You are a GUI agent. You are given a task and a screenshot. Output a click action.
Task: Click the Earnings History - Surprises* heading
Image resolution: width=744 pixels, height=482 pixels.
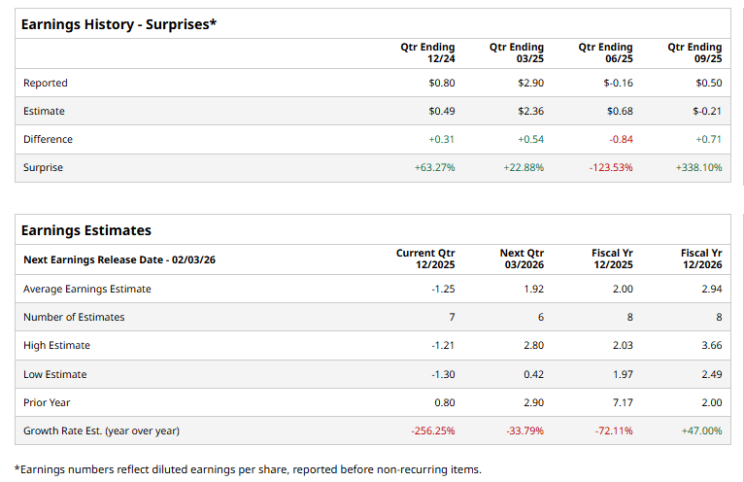118,24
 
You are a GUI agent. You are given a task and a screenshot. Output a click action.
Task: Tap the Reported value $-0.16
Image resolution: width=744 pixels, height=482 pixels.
619,84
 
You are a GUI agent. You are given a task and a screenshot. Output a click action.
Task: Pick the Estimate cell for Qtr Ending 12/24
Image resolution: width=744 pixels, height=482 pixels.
441,112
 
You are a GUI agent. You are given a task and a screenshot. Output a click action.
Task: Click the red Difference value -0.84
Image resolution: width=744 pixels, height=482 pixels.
621,140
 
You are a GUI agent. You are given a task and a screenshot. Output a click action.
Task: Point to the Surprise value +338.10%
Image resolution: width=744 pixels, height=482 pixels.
698,168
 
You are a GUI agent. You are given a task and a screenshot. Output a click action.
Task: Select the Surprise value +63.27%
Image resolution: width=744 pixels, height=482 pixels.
434,168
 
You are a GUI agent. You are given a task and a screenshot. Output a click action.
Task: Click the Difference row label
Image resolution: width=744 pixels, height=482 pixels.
48,140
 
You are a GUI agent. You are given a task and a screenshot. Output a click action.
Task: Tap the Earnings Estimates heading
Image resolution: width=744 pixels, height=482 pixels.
86,230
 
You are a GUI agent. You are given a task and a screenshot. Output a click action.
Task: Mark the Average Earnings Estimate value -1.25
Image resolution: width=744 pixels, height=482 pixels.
443,290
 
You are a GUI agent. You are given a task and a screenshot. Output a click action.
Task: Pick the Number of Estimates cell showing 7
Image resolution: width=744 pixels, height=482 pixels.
451,318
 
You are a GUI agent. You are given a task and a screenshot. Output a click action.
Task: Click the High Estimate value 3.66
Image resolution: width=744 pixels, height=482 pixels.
710,346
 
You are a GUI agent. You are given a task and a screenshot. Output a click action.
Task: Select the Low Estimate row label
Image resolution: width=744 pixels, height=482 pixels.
54,374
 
